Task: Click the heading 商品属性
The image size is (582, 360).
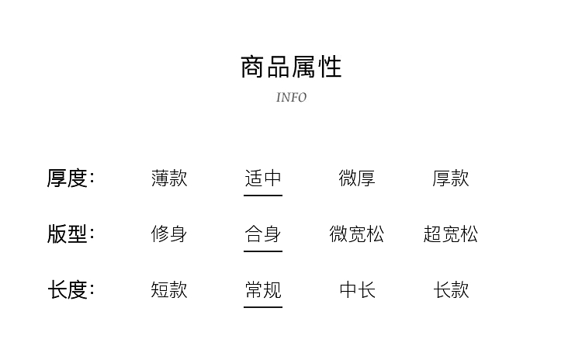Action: click(x=291, y=67)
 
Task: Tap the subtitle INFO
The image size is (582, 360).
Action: click(x=291, y=98)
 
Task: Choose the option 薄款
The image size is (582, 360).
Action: click(x=169, y=178)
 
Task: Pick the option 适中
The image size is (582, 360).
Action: click(x=263, y=178)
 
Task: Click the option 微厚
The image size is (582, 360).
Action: click(x=357, y=178)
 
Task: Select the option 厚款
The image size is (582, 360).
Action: click(x=451, y=178)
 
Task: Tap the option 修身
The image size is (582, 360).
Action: click(x=169, y=234)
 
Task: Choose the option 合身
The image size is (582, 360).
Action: click(x=263, y=234)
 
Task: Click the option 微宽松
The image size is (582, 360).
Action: click(x=357, y=234)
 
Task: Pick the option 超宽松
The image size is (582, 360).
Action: click(x=451, y=234)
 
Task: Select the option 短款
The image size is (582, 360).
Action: click(x=169, y=289)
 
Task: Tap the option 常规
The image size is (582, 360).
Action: click(x=263, y=289)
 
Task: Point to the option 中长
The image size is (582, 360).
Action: click(x=357, y=289)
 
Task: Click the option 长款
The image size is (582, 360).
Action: click(x=451, y=289)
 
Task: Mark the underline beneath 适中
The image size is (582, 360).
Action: click(x=263, y=196)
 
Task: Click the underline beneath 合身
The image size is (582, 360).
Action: click(x=263, y=251)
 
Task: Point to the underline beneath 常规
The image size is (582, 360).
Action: click(x=263, y=307)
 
